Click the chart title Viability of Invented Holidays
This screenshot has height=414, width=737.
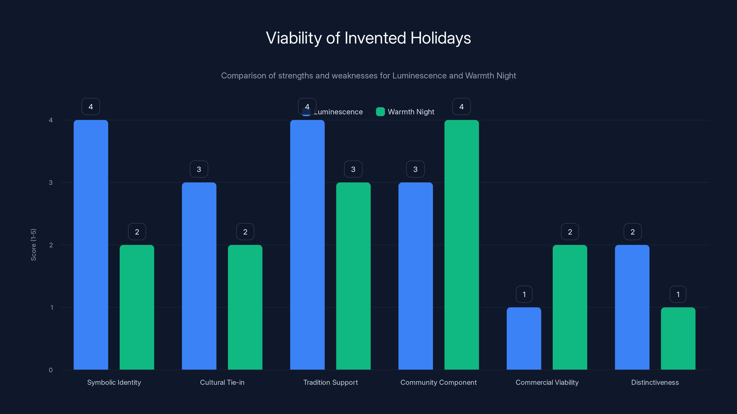point(368,38)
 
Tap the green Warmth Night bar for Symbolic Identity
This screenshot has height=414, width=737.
point(137,307)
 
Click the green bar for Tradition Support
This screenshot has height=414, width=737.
point(353,276)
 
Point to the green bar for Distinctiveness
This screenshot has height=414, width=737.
point(678,338)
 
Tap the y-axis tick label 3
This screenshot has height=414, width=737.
point(51,183)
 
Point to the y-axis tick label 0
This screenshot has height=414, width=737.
point(51,370)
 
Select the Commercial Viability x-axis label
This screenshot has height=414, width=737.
point(547,382)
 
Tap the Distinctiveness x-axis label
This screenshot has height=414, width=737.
point(655,382)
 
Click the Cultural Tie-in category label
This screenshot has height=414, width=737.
point(222,382)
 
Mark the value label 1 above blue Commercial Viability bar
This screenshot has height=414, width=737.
point(524,294)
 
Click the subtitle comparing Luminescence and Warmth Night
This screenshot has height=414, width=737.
point(368,76)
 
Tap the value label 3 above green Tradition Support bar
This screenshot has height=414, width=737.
point(353,169)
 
